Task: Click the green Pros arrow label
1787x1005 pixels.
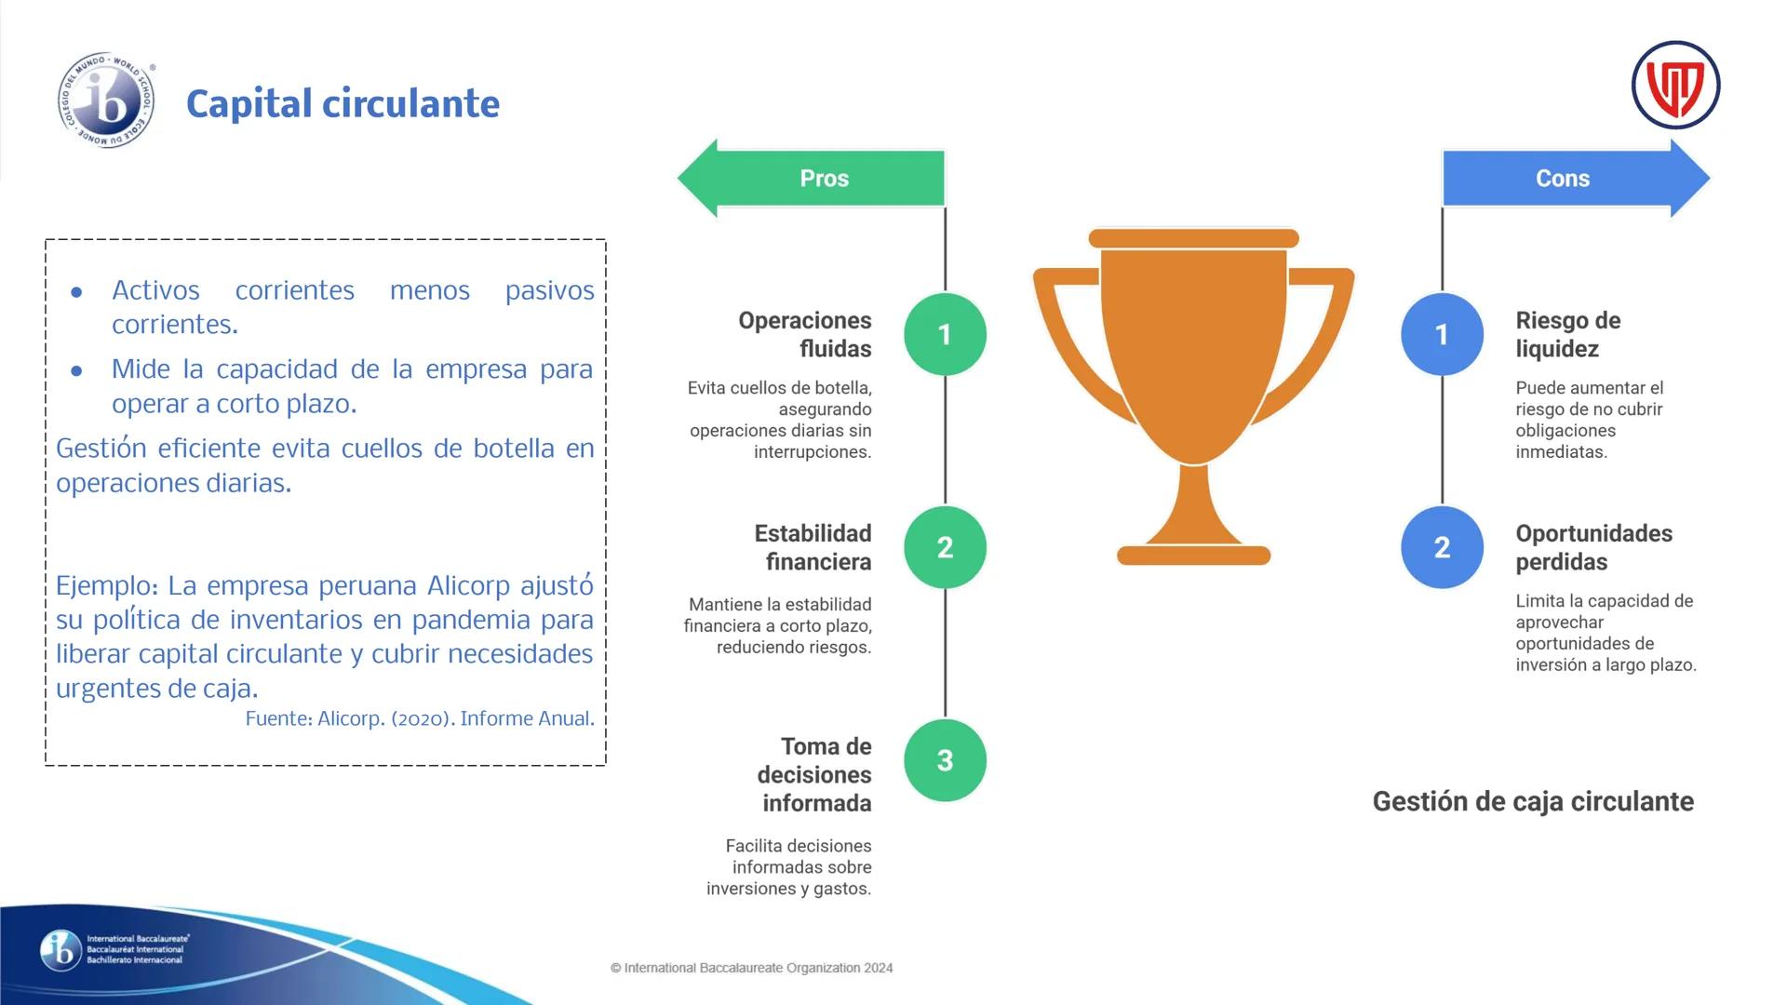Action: click(x=824, y=178)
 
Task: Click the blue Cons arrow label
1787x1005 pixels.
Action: click(x=1563, y=178)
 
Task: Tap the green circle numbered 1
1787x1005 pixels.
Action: click(x=945, y=334)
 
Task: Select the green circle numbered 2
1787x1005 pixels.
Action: click(x=945, y=547)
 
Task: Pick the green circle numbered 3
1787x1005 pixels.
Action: click(x=945, y=760)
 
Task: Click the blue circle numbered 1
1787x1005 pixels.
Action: click(x=1442, y=334)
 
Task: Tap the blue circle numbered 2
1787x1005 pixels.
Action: click(x=1442, y=547)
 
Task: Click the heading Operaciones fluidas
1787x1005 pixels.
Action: click(x=804, y=334)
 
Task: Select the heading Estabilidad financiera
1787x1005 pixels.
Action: click(x=813, y=547)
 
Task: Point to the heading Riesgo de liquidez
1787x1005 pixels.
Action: click(x=1567, y=334)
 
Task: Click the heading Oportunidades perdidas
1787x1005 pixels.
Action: click(x=1593, y=547)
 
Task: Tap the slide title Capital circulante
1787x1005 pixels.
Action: click(x=343, y=103)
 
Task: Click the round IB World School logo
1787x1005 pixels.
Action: click(x=106, y=100)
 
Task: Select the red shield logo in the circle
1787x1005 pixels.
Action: click(x=1675, y=86)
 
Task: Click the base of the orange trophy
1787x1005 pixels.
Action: click(x=1193, y=556)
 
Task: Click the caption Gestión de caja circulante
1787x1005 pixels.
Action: click(x=1533, y=801)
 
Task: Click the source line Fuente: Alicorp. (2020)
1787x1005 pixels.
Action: click(x=420, y=718)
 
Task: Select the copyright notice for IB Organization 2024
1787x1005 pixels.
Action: click(x=751, y=968)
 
